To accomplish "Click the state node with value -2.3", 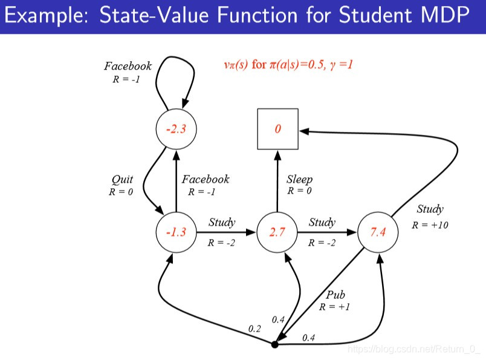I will click(x=176, y=129).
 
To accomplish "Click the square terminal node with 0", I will click(x=277, y=129).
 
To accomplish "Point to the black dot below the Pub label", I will click(x=275, y=344).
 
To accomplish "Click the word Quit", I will click(x=121, y=179).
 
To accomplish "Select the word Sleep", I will click(x=299, y=180).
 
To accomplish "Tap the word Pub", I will click(x=335, y=295).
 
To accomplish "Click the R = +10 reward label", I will click(x=430, y=225).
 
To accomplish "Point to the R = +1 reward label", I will click(x=335, y=307).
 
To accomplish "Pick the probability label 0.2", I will click(x=254, y=329).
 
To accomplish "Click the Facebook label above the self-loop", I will click(x=128, y=67).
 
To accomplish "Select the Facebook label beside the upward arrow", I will click(x=206, y=179).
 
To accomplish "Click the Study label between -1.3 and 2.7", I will click(x=222, y=222).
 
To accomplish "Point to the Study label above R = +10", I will click(x=430, y=209).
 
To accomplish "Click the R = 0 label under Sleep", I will click(x=299, y=191).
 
